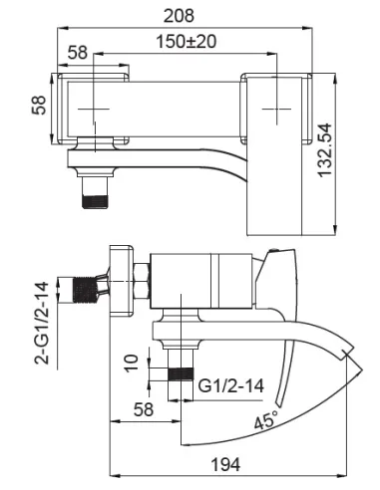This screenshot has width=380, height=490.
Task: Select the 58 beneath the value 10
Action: pos(145,408)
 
